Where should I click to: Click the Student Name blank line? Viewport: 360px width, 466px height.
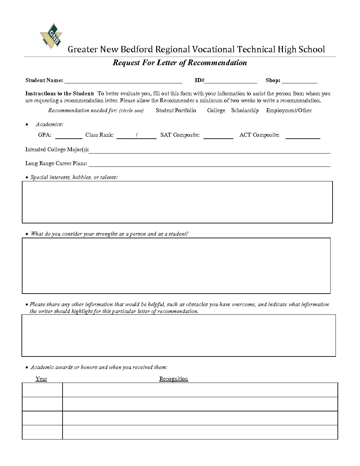tap(123, 81)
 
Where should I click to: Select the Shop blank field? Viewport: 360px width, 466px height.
tap(299, 81)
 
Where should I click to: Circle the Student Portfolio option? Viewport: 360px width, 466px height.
tap(176, 111)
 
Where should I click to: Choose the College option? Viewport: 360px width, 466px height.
tap(216, 111)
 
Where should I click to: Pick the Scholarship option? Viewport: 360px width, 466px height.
tap(245, 111)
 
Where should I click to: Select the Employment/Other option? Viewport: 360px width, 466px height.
tap(289, 111)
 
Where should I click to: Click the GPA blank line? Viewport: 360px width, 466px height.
tap(68, 136)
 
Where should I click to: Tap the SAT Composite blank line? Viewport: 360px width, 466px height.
tap(218, 136)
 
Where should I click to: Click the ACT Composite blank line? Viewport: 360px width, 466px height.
tap(303, 136)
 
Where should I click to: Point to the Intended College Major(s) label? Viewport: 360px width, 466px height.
tap(57, 150)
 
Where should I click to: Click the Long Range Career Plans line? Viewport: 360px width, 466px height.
tap(209, 164)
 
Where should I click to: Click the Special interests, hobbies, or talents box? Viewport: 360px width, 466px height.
tap(177, 202)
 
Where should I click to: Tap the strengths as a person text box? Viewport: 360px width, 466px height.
tap(176, 265)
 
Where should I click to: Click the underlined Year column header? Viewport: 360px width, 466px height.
tap(41, 379)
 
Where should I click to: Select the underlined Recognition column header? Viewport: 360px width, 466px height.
tap(173, 379)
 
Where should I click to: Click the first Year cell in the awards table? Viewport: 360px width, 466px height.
tap(42, 390)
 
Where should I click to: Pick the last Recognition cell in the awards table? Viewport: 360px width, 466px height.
tap(200, 432)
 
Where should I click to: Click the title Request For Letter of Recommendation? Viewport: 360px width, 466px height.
tap(180, 63)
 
